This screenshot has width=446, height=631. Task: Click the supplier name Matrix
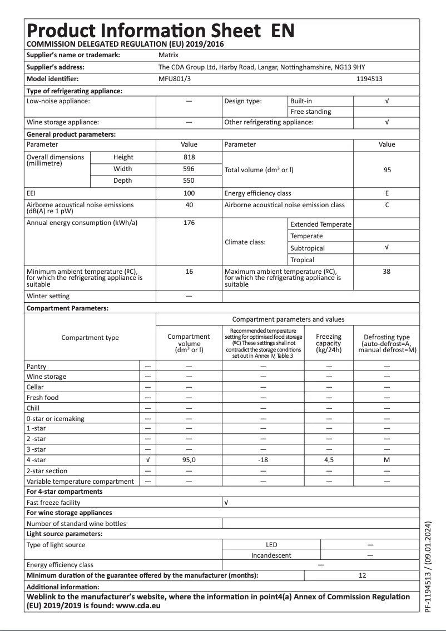click(168, 55)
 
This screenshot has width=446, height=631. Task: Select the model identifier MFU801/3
click(174, 79)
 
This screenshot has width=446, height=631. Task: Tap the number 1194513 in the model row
click(369, 79)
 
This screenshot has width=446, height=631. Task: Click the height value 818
click(189, 157)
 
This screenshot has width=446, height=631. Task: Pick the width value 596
click(189, 169)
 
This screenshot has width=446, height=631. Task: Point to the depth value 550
click(189, 181)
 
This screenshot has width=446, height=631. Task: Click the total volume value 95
click(387, 170)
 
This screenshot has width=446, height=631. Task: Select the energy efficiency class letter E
click(387, 193)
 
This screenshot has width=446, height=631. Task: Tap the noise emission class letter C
click(387, 205)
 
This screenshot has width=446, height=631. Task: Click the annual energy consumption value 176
click(189, 223)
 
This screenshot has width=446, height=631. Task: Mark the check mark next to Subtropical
click(387, 248)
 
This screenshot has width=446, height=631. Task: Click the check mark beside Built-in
click(387, 101)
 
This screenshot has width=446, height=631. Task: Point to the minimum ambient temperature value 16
click(189, 272)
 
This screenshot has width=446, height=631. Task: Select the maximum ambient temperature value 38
click(387, 272)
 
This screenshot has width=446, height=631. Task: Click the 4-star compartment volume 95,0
click(189, 460)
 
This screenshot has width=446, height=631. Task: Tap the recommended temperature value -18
click(263, 460)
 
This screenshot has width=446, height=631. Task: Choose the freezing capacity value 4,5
click(329, 460)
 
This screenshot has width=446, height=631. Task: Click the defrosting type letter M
click(387, 460)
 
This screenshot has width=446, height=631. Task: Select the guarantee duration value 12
click(363, 576)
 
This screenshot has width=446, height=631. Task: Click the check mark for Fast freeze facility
click(226, 502)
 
